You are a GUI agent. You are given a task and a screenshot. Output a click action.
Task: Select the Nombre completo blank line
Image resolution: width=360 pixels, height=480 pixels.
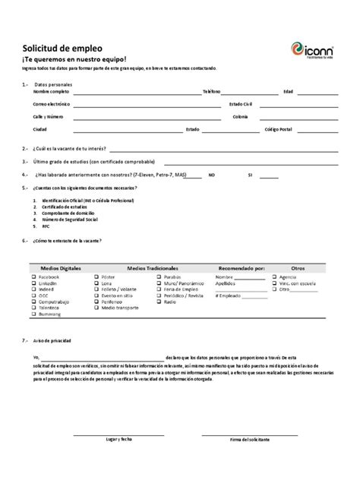click(136, 92)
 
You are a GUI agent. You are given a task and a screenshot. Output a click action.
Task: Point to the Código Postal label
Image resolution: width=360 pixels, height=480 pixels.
click(278, 129)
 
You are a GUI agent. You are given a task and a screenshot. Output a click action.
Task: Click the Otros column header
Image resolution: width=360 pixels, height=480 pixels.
click(298, 268)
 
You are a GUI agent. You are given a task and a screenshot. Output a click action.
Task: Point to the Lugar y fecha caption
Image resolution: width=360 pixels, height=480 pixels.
click(119, 440)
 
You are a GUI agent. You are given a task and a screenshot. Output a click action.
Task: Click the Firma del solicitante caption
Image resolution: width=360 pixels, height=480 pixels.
click(249, 440)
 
